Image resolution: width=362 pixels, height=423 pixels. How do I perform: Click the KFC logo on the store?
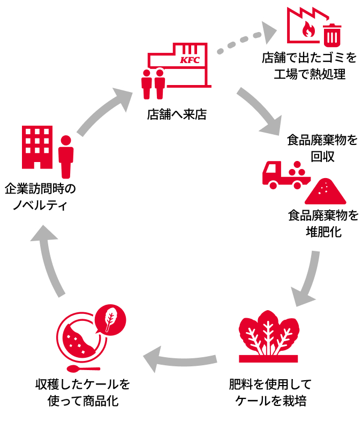pyautogui.click(x=190, y=60)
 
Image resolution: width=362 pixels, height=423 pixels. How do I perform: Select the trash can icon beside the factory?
pyautogui.click(x=332, y=34)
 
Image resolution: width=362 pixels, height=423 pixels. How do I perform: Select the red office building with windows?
pyautogui.click(x=37, y=147)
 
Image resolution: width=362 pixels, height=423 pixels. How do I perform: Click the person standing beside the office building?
pyautogui.click(x=66, y=156)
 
